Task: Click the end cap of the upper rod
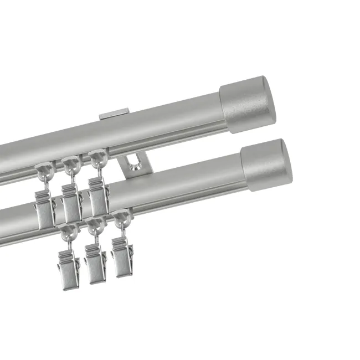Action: pyautogui.click(x=248, y=106)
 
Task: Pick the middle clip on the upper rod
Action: pyautogui.click(x=72, y=203)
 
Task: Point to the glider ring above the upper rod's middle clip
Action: pyautogui.click(x=70, y=164)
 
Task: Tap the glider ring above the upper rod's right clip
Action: pyautogui.click(x=97, y=159)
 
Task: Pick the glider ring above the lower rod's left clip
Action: pyautogui.click(x=67, y=231)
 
